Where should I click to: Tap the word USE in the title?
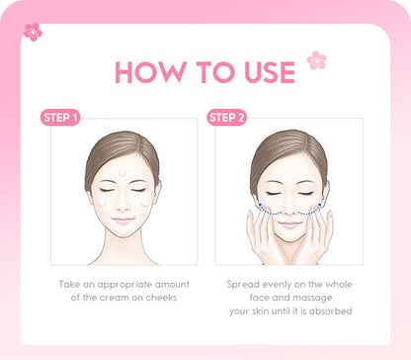(263, 72)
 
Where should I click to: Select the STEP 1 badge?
(60, 118)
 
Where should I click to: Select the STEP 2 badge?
(225, 118)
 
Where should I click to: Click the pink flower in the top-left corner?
(33, 32)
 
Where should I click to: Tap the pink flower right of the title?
(316, 60)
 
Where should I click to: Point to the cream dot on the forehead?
(123, 173)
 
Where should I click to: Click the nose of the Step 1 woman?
(123, 206)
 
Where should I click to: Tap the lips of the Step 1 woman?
(123, 220)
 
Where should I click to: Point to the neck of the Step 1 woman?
(123, 243)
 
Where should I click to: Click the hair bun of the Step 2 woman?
(288, 137)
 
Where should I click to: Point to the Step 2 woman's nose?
(288, 207)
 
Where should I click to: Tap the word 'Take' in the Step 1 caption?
(68, 284)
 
